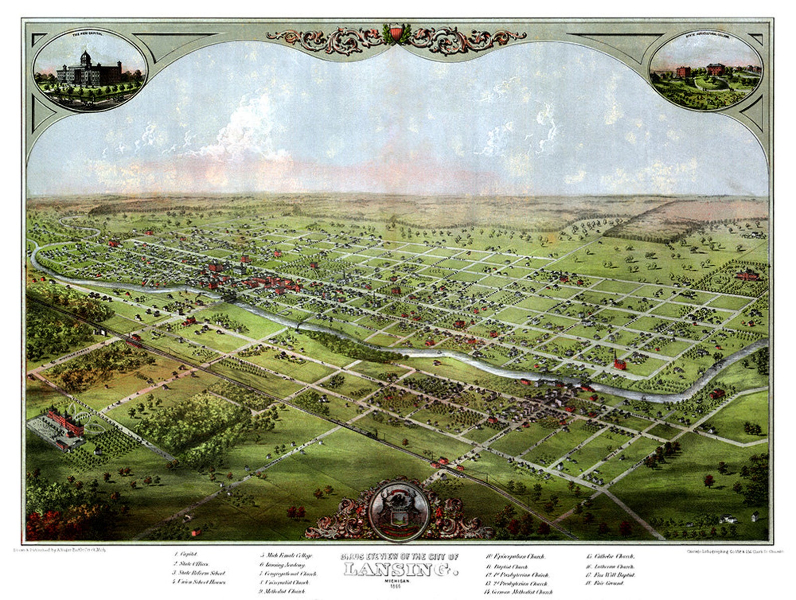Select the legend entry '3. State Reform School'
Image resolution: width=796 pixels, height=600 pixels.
(x=200, y=572)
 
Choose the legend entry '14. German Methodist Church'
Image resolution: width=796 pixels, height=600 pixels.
(x=518, y=592)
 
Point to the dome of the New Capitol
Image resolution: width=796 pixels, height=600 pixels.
(x=86, y=56)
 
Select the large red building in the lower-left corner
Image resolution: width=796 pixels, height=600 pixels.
(x=65, y=424)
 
